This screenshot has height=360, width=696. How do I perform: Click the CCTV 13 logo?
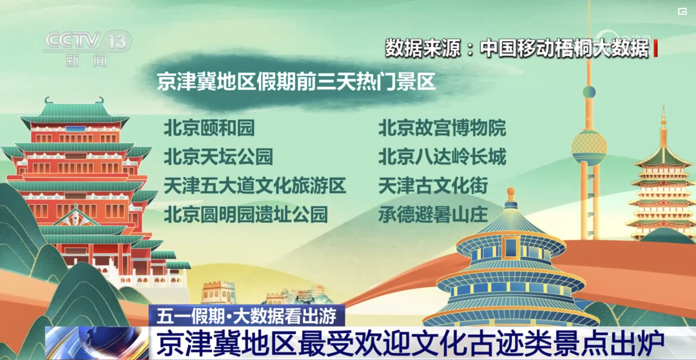[88, 48]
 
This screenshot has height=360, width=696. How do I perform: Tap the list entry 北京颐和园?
[209, 129]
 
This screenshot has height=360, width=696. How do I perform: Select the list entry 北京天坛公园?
[218, 157]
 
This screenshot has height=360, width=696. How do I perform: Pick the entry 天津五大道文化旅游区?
[255, 185]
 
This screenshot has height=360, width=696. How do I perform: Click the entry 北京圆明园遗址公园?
[246, 214]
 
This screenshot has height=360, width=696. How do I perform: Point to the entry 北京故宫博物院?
[442, 129]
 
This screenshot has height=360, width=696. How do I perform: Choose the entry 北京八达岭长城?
[442, 157]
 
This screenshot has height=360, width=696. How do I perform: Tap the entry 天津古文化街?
[433, 185]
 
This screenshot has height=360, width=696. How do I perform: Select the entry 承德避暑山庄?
[433, 214]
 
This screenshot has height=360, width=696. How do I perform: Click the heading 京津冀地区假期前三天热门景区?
[296, 82]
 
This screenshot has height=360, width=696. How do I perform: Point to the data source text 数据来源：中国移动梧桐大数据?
[517, 48]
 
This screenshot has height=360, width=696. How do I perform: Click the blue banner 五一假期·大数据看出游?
[247, 316]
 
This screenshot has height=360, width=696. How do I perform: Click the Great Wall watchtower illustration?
[218, 292]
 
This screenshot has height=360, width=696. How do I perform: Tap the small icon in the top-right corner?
[682, 12]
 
